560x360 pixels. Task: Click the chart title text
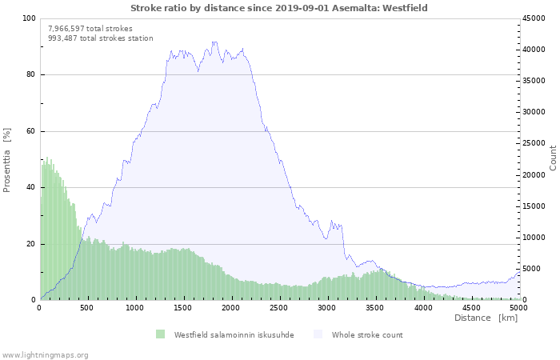click(279, 8)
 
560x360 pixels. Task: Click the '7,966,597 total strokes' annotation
click(90, 28)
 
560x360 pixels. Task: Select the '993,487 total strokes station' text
click(100, 38)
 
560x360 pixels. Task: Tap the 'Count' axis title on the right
click(553, 158)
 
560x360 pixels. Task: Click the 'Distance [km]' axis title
click(486, 318)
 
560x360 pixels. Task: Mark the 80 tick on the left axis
click(31, 75)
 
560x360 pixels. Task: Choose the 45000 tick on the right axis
click(534, 18)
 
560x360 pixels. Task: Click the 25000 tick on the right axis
click(534, 144)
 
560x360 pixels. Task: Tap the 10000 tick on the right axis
click(534, 238)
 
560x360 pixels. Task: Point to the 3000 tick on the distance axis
click(326, 307)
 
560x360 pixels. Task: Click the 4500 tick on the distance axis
click(470, 307)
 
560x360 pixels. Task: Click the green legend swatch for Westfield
click(160, 334)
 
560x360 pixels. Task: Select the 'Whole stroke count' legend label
click(367, 334)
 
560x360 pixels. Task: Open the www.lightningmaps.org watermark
click(45, 354)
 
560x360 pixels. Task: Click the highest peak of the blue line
click(214, 42)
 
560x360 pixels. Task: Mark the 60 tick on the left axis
click(31, 131)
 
